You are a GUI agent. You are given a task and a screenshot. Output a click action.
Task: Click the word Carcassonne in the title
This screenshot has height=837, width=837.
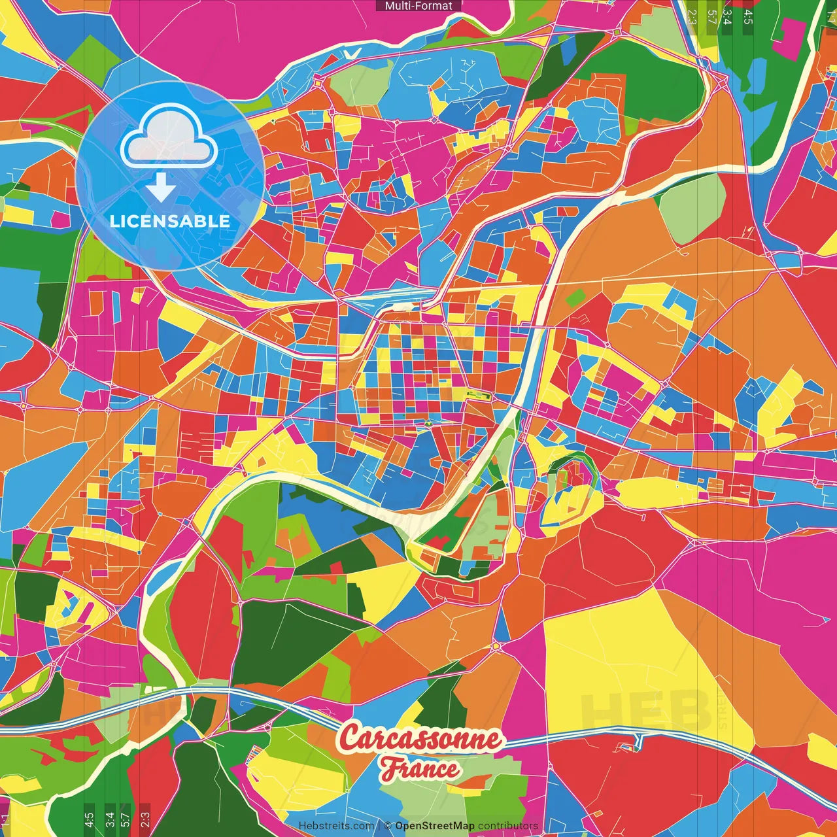pyautogui.click(x=421, y=739)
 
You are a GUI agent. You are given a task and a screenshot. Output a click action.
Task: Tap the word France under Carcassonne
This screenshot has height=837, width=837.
pyautogui.click(x=421, y=768)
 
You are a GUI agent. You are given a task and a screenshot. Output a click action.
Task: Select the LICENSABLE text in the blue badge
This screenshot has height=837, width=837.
pyautogui.click(x=170, y=221)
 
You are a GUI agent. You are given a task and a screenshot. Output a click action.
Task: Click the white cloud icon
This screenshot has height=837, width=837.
pyautogui.click(x=169, y=138)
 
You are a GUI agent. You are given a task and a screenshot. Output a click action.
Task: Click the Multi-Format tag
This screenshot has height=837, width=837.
pyautogui.click(x=418, y=6)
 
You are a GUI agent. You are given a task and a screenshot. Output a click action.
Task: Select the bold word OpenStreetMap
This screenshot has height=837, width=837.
pyautogui.click(x=435, y=826)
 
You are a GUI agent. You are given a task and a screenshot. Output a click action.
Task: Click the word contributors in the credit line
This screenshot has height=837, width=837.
pyautogui.click(x=508, y=826)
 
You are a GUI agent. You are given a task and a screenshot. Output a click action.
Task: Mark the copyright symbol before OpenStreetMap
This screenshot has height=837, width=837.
pyautogui.click(x=387, y=826)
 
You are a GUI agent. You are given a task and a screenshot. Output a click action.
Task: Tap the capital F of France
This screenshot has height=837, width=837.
pyautogui.click(x=390, y=769)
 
